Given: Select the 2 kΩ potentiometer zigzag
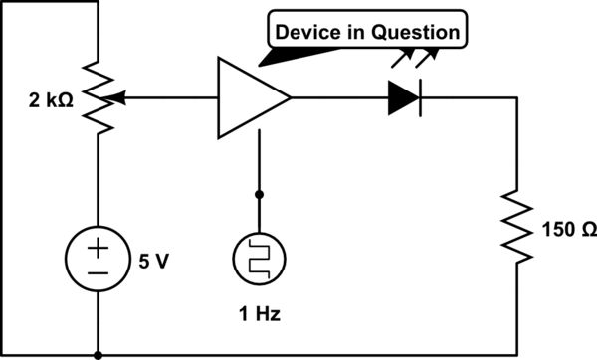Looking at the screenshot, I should [99, 98].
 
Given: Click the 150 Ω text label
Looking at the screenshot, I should [563, 229].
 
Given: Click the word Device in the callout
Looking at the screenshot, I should [305, 33].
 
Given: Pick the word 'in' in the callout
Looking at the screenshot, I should [353, 33].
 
